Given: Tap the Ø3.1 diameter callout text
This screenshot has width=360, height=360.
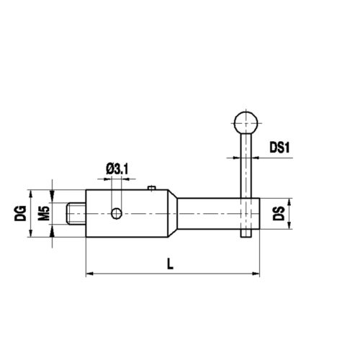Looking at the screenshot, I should pos(116,169).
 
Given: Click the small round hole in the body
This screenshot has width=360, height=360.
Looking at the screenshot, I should pos(117,212).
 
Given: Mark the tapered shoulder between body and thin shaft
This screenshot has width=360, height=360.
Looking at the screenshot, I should pos(174,214).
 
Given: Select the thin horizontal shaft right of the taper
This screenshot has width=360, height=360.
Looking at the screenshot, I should pos(209,214).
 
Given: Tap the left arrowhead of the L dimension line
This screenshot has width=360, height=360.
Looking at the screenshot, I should pos(89,274).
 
